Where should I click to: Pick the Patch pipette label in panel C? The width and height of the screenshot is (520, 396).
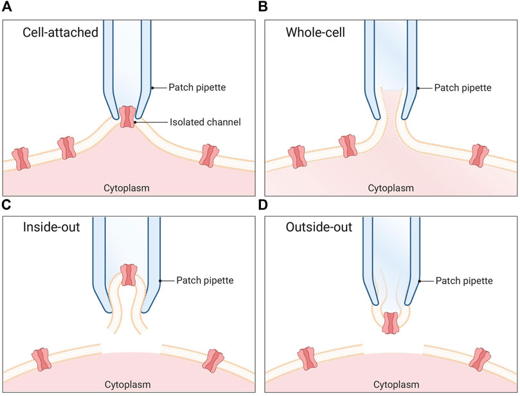pyautogui.click(x=197, y=280)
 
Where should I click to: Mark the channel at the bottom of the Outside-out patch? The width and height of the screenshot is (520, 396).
pyautogui.click(x=390, y=322)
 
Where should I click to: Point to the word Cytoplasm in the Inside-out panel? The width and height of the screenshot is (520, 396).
pyautogui.click(x=127, y=384)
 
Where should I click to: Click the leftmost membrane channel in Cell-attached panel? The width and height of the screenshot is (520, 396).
pyautogui.click(x=22, y=158)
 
